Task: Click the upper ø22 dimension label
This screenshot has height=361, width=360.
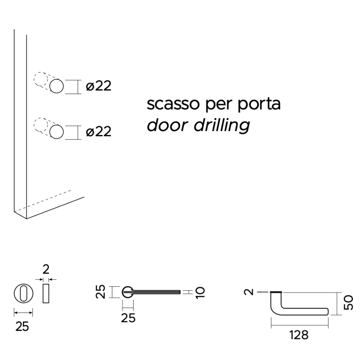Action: (x=99, y=86)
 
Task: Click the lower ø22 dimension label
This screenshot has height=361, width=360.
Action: (x=99, y=132)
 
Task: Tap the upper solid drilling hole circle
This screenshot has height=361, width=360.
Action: (x=57, y=86)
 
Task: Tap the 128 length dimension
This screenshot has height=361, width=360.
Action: (x=299, y=335)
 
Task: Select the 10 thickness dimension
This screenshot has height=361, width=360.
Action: (x=200, y=292)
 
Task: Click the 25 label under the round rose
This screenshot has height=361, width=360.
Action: (x=22, y=326)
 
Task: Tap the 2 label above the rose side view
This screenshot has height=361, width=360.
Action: (x=45, y=269)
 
